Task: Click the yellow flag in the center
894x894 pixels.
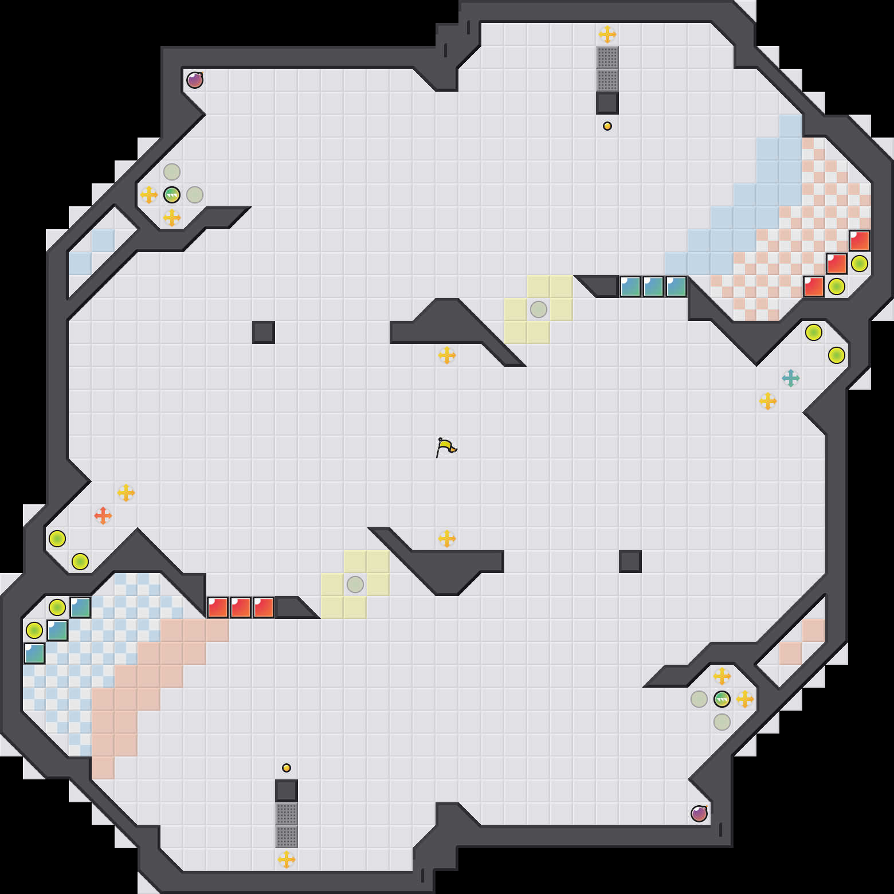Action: coord(446,447)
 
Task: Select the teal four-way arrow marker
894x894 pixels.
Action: coord(791,378)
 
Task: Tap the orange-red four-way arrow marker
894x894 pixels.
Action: coord(103,516)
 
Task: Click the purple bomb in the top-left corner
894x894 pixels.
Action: coord(195,80)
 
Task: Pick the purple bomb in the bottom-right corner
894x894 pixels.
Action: coord(699,814)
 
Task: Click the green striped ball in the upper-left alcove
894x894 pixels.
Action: coord(172,195)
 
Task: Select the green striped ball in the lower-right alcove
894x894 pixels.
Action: coord(722,699)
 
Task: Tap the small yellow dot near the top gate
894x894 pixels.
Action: coord(607,126)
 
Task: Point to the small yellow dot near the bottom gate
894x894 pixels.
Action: coord(287,768)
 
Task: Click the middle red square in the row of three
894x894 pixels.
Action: coord(241,607)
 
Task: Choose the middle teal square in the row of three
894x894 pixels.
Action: coord(653,287)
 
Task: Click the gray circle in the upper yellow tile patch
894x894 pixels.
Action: coord(539,309)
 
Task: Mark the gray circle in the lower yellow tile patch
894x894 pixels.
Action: coord(355,585)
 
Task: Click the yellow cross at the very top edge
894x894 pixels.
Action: coord(607,34)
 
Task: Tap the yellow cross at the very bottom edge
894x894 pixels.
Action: coord(287,860)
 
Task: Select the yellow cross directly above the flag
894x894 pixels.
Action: coord(447,355)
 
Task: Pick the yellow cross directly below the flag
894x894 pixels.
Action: coord(447,539)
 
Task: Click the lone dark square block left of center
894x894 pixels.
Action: coord(264,332)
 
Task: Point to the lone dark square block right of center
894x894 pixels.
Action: coord(630,562)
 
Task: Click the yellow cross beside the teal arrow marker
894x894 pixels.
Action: coord(768,401)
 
